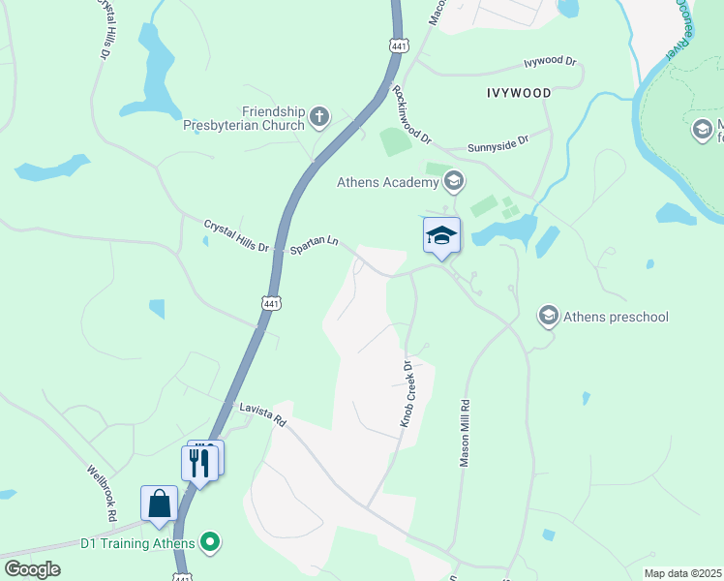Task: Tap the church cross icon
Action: [x=318, y=118]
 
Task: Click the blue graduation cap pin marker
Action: [x=441, y=236]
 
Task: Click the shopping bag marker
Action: [x=159, y=505]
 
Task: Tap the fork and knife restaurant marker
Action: [x=199, y=463]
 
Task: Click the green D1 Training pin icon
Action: [x=207, y=543]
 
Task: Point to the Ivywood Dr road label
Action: [x=550, y=62]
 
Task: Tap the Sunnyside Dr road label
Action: [x=498, y=143]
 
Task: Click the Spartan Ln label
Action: [x=316, y=244]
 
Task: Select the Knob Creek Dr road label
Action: [x=407, y=394]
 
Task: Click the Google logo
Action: [x=32, y=569]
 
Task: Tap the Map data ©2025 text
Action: [x=681, y=573]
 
